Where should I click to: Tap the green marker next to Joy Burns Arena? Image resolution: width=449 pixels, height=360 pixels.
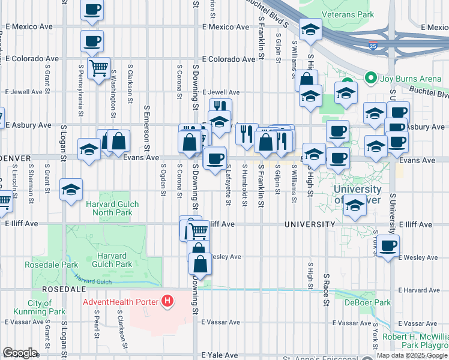coord(370,78)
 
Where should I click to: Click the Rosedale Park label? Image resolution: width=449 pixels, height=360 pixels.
coord(43,265)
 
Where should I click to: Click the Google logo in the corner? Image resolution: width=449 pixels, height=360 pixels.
coord(20,353)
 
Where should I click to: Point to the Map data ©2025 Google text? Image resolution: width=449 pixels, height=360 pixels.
coord(411,355)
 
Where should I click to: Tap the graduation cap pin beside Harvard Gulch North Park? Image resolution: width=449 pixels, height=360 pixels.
coord(71,191)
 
